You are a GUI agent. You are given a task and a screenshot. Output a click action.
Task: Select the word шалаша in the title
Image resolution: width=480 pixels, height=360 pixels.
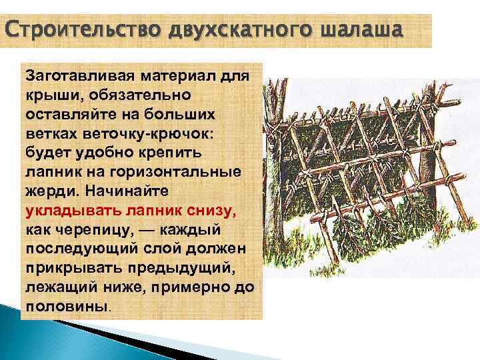pos(361,31)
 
